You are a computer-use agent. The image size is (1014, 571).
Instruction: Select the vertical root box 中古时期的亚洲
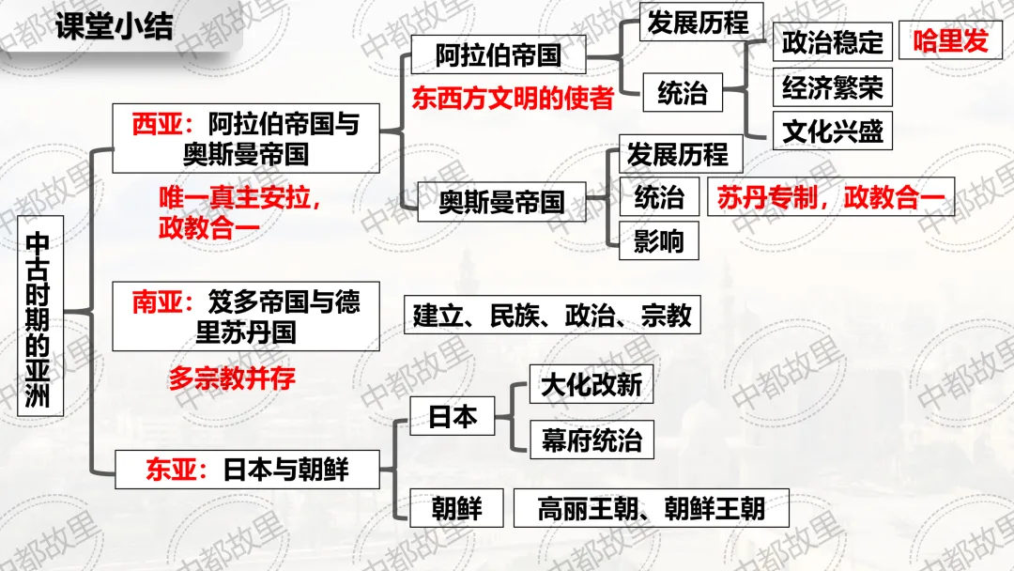(41, 316)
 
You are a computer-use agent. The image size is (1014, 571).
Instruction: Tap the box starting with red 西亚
(245, 138)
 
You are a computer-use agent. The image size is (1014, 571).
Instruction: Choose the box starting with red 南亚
(245, 316)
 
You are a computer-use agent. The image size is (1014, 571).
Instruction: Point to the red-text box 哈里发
(950, 41)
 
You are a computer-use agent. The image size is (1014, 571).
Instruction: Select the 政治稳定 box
(832, 42)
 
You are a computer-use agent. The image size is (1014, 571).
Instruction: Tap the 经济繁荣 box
(832, 87)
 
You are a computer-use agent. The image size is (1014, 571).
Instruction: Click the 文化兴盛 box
(832, 131)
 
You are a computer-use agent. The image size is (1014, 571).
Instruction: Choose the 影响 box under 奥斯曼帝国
(659, 242)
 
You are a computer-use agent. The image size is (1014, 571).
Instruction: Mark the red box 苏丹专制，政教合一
(830, 197)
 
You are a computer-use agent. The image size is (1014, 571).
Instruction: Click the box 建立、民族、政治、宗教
(552, 316)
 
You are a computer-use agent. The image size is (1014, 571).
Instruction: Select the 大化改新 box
(591, 384)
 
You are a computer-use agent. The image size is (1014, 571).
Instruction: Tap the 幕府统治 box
(591, 440)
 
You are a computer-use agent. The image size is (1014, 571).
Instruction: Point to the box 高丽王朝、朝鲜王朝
(651, 509)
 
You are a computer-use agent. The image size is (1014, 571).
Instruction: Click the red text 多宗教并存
(232, 378)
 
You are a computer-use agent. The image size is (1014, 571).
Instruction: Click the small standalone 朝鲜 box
(456, 509)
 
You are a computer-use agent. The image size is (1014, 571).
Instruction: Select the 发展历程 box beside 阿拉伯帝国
(698, 23)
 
